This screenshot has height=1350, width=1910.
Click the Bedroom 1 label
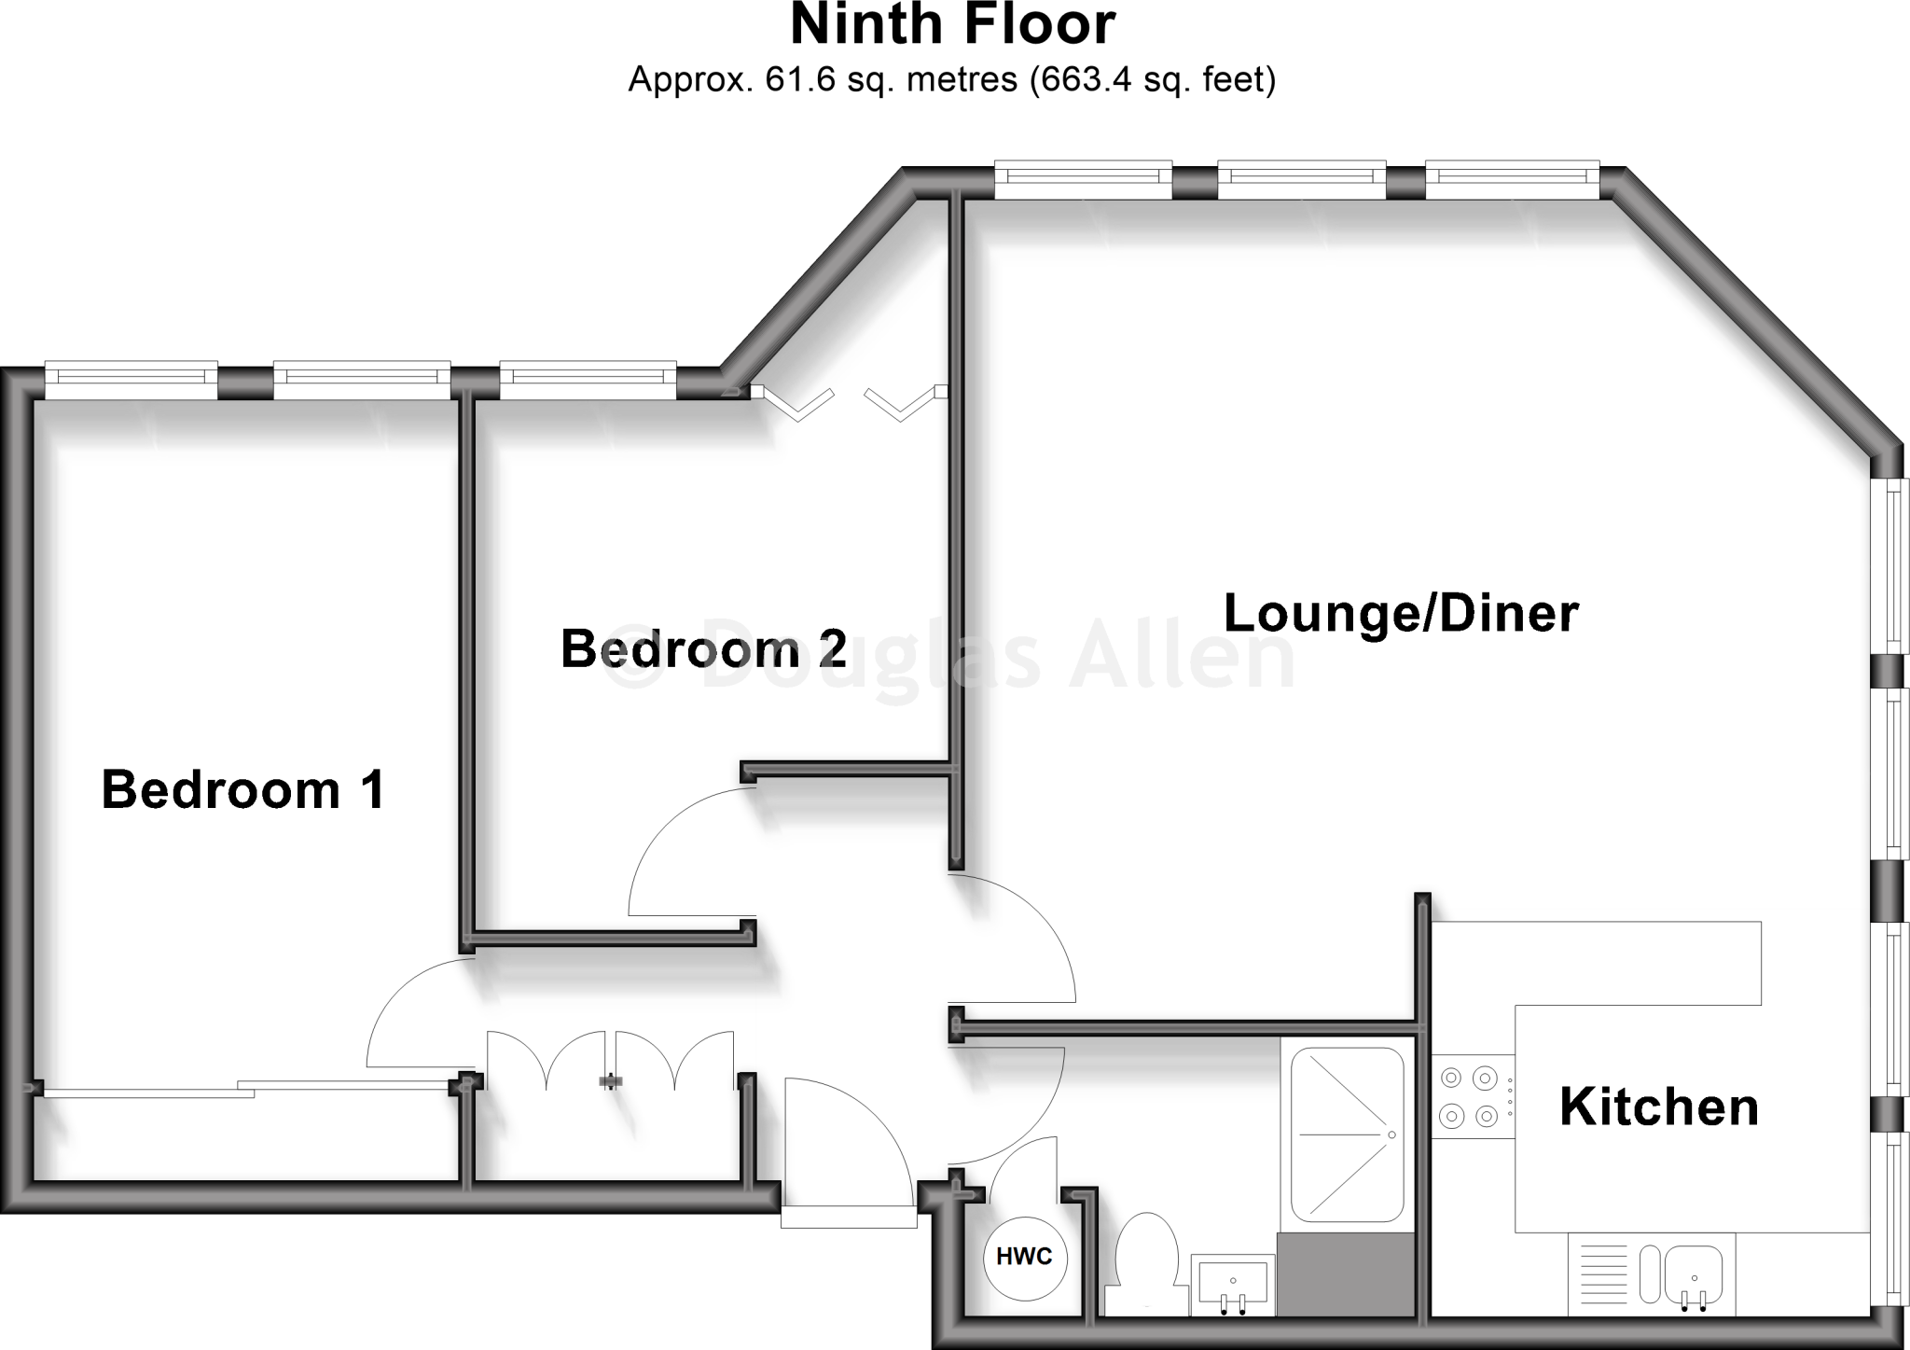tap(242, 790)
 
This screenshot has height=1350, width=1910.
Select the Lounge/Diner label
tap(1400, 613)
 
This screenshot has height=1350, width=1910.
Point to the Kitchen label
tap(1658, 1107)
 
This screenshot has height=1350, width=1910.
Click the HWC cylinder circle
tap(1024, 1257)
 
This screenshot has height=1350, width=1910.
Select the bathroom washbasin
tap(1233, 1283)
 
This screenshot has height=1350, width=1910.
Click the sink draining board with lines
tap(1601, 1273)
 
